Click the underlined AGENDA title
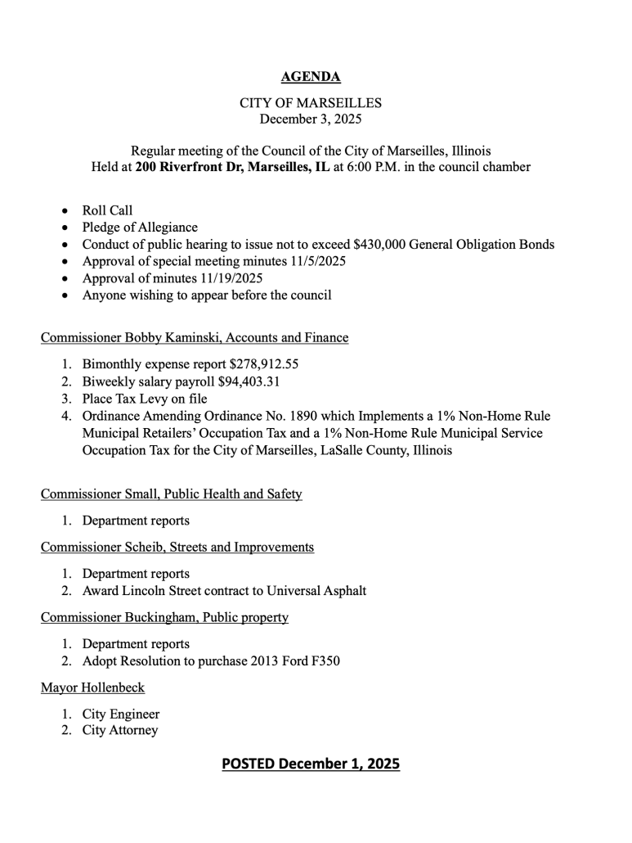pos(310,78)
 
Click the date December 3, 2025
pos(310,119)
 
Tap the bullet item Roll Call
pos(107,210)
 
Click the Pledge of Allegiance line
pos(140,228)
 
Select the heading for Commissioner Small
pos(172,494)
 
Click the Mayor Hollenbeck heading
pos(92,687)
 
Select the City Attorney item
pos(120,730)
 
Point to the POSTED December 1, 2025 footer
pos(310,764)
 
